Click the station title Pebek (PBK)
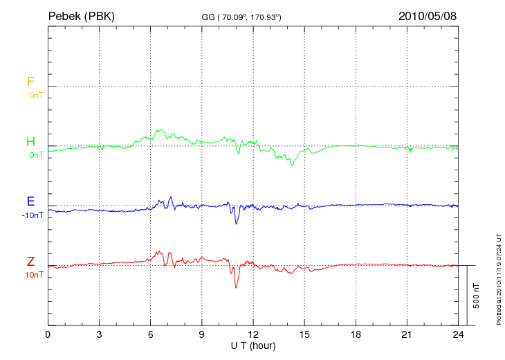coord(81,16)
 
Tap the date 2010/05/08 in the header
coord(427,16)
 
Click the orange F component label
coord(30,82)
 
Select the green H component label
coord(30,142)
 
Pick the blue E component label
coord(30,201)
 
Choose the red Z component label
coord(30,262)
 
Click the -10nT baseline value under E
coord(33,215)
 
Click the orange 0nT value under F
coord(36,96)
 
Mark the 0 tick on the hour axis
coord(48,335)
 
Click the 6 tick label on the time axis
coord(151,335)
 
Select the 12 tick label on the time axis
coord(253,335)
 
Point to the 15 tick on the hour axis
coord(304,335)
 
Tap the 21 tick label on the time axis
coord(407,335)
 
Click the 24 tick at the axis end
coord(459,335)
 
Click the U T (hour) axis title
coord(253,345)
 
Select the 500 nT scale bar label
coord(476,296)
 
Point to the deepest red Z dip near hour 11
coord(236,287)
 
